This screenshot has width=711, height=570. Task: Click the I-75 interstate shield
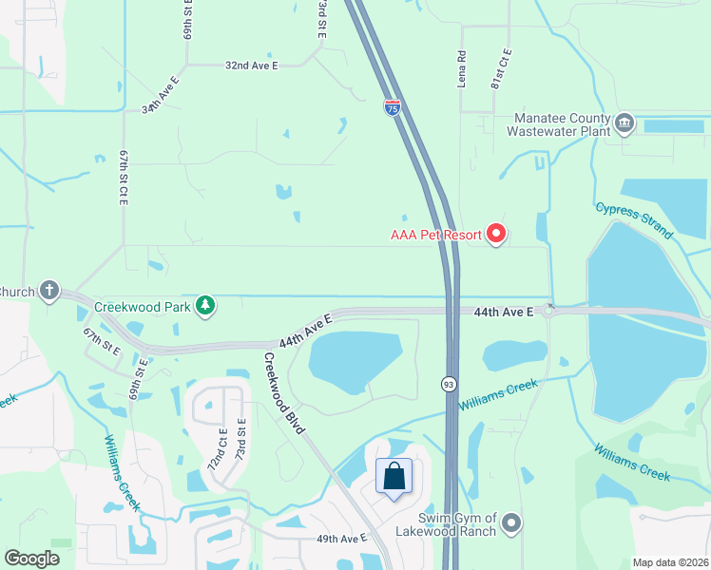393,108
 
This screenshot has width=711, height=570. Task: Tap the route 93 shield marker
448,384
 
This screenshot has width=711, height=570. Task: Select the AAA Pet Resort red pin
495,233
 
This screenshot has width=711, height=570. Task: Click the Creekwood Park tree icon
204,305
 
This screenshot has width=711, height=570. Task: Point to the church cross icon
49,291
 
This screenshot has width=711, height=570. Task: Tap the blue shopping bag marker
394,477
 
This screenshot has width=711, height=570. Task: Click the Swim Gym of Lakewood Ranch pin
512,523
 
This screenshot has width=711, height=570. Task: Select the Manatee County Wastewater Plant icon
625,123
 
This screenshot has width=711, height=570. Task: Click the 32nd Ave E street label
251,66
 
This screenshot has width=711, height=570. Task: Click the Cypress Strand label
634,220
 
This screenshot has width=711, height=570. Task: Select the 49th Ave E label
341,539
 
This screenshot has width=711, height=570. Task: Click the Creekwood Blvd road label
284,393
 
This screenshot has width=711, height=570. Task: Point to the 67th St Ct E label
123,177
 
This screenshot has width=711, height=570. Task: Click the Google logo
32,559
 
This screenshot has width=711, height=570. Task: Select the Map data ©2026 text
669,562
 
